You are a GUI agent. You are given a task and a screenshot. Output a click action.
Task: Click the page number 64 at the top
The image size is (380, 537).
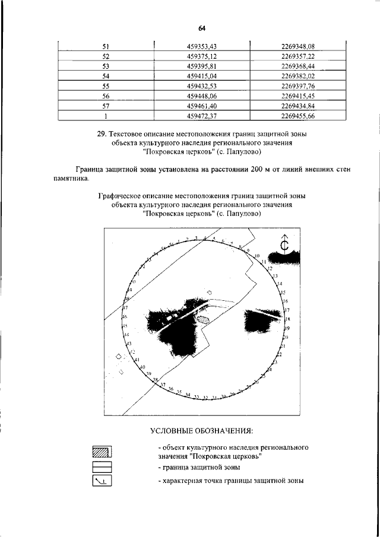point(202,28)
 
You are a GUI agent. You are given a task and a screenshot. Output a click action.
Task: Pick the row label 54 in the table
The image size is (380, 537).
point(106,76)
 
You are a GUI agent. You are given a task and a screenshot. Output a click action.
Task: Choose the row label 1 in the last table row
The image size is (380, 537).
point(106,116)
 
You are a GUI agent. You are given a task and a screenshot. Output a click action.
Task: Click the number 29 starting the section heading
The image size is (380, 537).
point(101,135)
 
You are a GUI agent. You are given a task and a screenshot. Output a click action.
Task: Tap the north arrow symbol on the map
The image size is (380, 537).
point(284,244)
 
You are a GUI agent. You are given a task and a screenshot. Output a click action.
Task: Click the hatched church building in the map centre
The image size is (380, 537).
point(204,319)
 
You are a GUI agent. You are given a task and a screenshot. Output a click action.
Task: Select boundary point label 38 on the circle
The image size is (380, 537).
point(155,380)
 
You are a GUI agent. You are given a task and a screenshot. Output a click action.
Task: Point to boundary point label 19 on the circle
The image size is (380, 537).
point(287,328)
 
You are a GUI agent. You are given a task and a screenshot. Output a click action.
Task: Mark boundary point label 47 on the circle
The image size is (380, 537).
point(125,308)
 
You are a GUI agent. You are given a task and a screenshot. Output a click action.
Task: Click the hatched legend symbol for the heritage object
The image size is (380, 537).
point(102,452)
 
